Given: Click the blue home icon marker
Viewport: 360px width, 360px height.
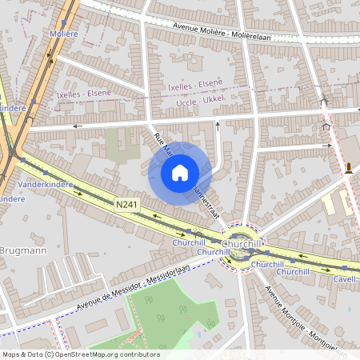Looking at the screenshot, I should click(180, 173).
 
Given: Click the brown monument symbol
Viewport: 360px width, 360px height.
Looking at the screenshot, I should click(350, 168).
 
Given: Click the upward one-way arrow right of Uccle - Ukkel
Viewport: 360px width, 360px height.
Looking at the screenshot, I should click(219, 123).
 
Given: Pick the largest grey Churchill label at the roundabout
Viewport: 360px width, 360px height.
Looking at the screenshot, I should click(242, 243).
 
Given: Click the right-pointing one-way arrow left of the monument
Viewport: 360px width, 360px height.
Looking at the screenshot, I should click(327, 146).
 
